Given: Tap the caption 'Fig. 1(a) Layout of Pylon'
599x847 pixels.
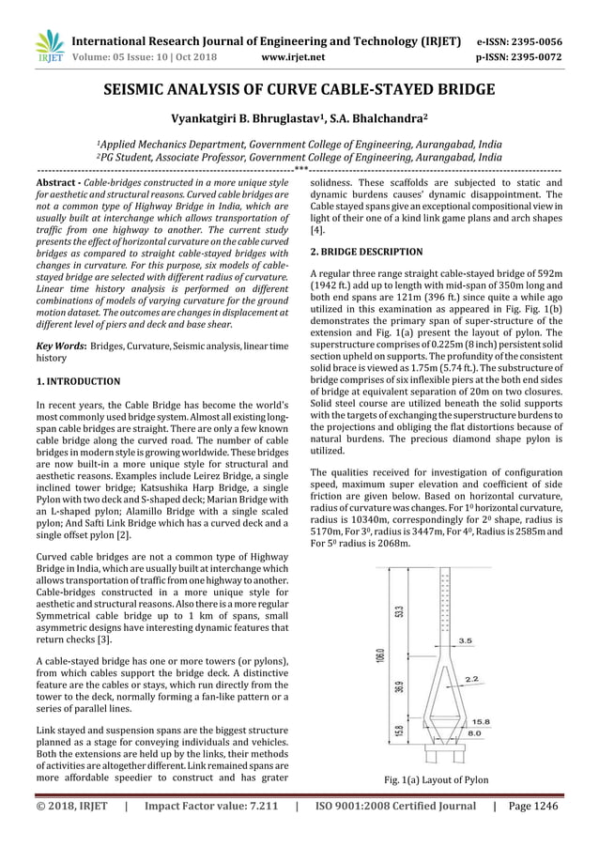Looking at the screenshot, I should click(436, 778).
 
